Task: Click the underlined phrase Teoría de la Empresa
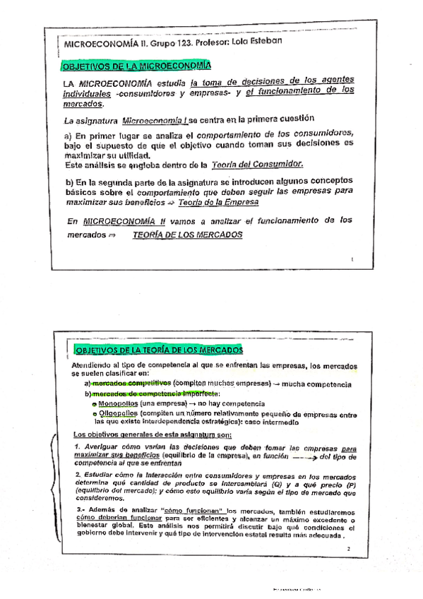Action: coord(218,201)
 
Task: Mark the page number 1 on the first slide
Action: coord(351,261)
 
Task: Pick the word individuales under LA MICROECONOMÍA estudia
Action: coord(86,93)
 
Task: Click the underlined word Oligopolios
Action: coord(118,413)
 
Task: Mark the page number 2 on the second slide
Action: coord(348,549)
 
